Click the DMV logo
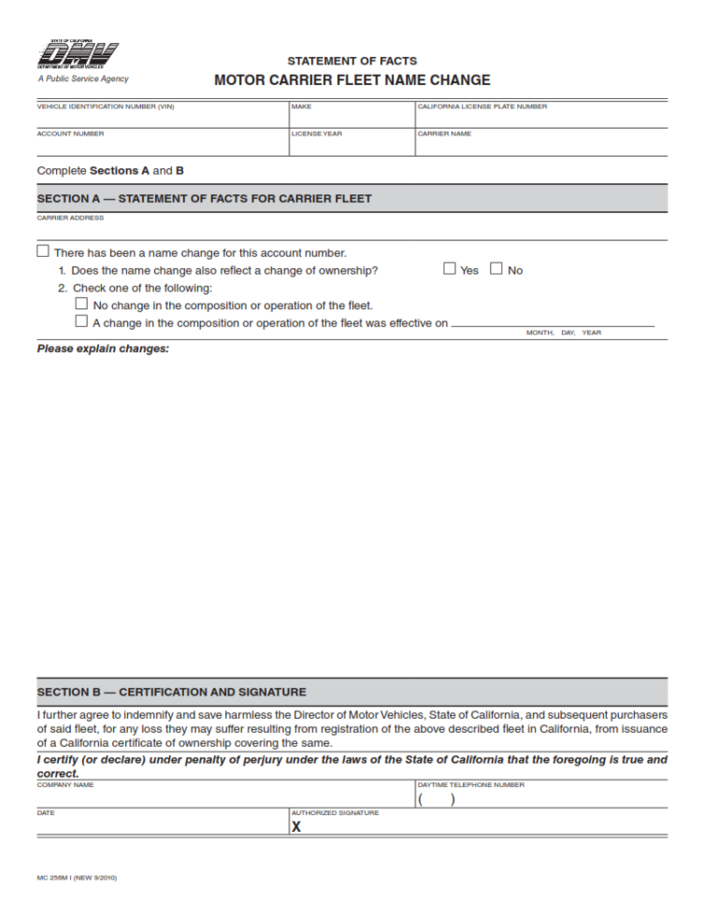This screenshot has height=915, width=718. tap(78, 56)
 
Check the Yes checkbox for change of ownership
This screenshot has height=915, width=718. tap(450, 269)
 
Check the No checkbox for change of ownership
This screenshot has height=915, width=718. tap(496, 269)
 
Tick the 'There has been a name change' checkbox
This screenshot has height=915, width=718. tap(43, 251)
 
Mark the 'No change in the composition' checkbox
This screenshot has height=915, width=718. tap(81, 304)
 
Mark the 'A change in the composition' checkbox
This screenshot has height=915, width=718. tap(81, 322)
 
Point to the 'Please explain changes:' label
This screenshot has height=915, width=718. tap(103, 349)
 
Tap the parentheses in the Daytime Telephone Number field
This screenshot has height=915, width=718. tap(437, 799)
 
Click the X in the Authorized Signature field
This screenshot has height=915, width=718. tap(296, 827)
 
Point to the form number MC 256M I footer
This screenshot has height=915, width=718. tap(77, 878)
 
